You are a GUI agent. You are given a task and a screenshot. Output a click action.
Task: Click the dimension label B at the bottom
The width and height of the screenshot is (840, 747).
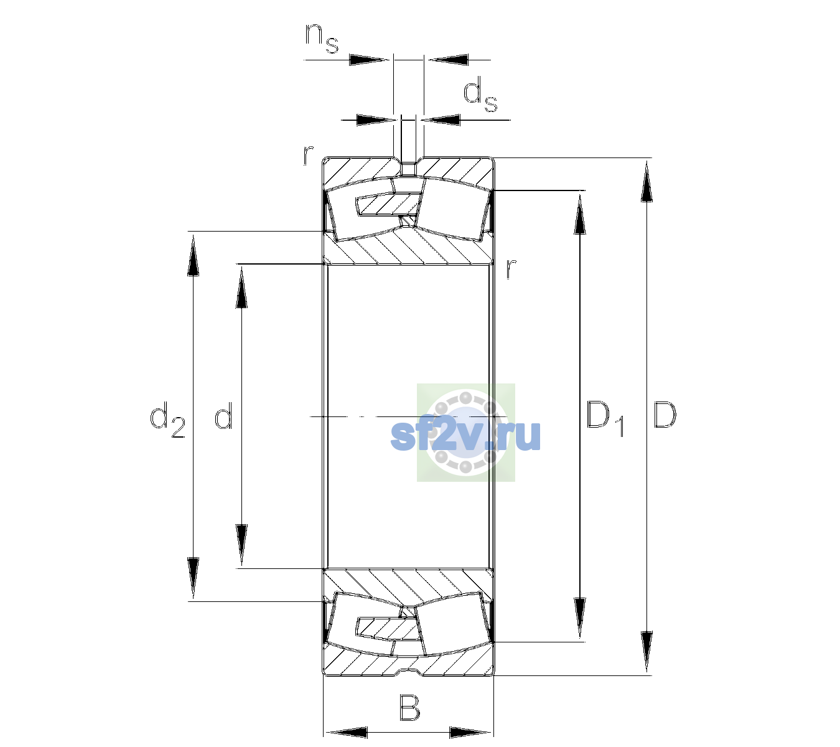tap(409, 707)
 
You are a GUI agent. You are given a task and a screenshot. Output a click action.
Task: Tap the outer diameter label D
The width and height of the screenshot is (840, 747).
tap(665, 415)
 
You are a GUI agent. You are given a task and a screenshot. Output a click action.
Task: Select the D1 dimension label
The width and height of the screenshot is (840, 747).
tap(605, 418)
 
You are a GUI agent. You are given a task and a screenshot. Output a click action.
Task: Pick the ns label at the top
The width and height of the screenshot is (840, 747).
tap(322, 38)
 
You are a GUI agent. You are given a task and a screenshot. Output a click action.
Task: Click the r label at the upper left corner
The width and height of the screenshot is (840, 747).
tap(308, 156)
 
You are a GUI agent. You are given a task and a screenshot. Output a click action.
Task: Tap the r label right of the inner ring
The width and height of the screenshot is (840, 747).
tap(511, 269)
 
